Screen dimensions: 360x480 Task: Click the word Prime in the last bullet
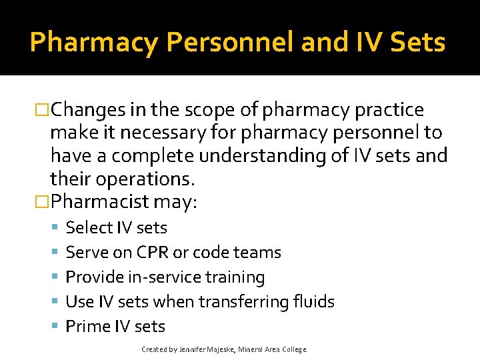tap(86, 327)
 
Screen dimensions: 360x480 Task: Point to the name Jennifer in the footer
tap(193, 349)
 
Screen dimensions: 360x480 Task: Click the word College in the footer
tap(294, 349)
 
